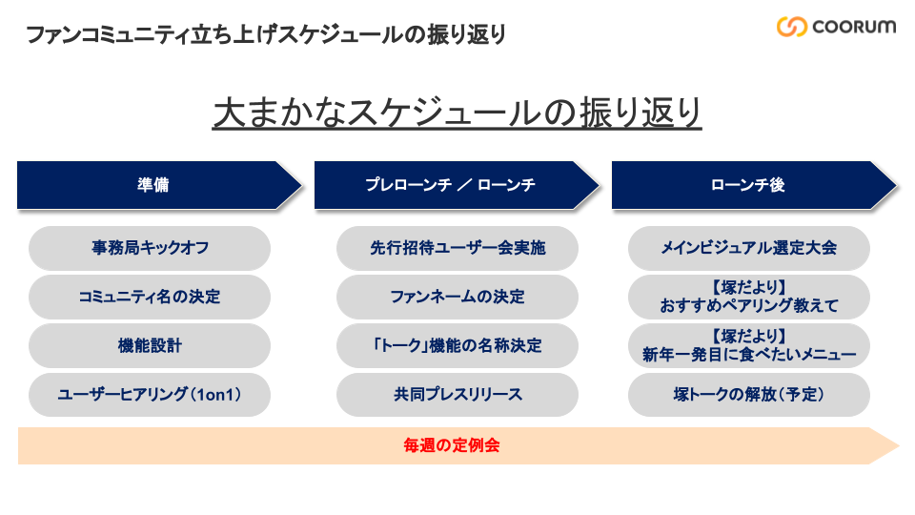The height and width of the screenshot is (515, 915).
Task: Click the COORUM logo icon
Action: point(792,27)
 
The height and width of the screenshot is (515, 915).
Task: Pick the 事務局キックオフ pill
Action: point(150,248)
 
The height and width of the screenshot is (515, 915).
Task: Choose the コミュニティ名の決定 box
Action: point(150,297)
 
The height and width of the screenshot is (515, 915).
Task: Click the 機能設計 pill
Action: point(150,345)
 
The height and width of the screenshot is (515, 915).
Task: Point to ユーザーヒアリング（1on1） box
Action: point(150,395)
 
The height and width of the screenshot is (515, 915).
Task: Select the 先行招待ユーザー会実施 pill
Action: point(457,248)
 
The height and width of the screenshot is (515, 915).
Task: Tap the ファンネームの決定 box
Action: point(457,297)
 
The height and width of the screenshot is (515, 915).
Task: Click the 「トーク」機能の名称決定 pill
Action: point(457,345)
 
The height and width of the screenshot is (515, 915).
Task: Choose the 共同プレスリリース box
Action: point(457,395)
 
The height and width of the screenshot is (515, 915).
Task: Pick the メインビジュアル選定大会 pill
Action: point(749,248)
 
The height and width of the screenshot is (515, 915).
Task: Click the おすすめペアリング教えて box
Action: point(749,297)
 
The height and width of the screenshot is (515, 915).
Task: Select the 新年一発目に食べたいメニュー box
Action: point(749,345)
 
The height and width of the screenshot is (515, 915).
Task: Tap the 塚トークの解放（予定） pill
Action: point(749,395)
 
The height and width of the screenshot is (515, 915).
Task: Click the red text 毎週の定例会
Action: point(452,445)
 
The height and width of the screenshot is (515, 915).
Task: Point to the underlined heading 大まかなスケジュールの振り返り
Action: point(457,113)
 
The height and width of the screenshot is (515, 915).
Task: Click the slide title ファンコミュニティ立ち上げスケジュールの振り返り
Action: point(266,34)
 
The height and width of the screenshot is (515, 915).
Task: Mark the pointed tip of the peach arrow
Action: point(899,446)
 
